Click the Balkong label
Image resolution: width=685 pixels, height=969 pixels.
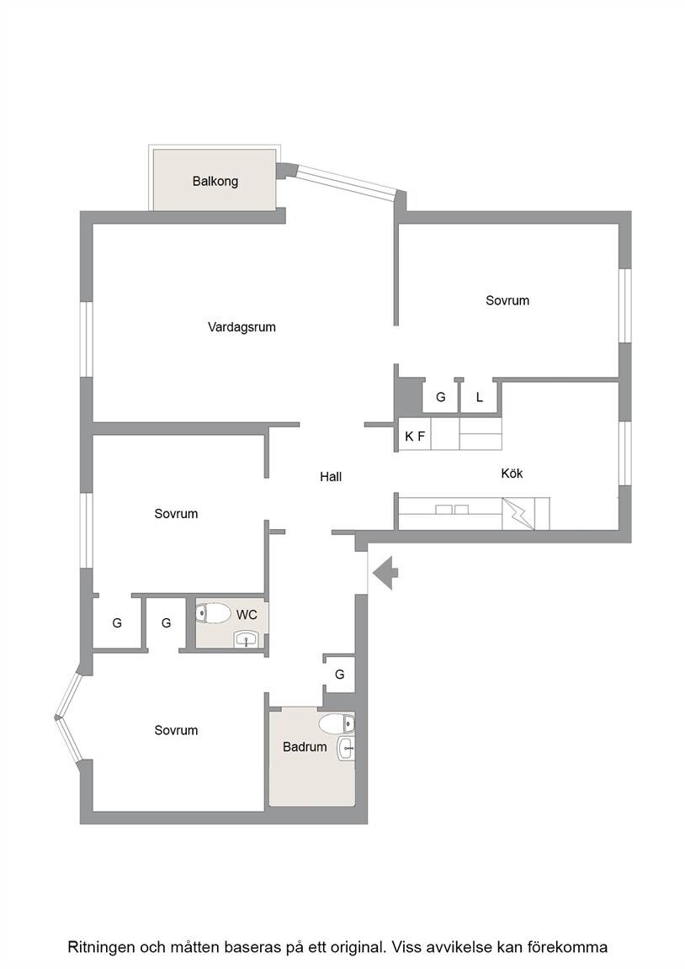[215, 181]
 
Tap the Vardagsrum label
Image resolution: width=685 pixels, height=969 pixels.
[242, 327]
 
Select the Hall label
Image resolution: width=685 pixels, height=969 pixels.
[331, 476]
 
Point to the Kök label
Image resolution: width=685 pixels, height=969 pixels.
[512, 474]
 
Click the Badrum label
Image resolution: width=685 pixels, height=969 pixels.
[305, 747]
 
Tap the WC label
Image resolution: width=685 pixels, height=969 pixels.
[247, 615]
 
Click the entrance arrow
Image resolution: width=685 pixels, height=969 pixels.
[385, 572]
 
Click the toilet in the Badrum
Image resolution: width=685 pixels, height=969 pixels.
[337, 723]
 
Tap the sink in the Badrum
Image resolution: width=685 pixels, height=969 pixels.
[346, 749]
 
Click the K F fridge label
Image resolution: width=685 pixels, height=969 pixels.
[415, 437]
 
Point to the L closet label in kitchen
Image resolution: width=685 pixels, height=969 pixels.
[479, 397]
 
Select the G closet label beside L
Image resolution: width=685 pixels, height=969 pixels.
[441, 397]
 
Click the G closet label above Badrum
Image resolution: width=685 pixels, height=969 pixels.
[339, 675]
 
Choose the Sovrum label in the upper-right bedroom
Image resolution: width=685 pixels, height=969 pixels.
[507, 300]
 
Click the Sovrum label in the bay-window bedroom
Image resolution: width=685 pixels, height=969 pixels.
[176, 730]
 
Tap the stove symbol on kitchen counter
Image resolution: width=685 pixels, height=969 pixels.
[518, 514]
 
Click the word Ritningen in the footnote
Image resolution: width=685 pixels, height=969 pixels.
[101, 947]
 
